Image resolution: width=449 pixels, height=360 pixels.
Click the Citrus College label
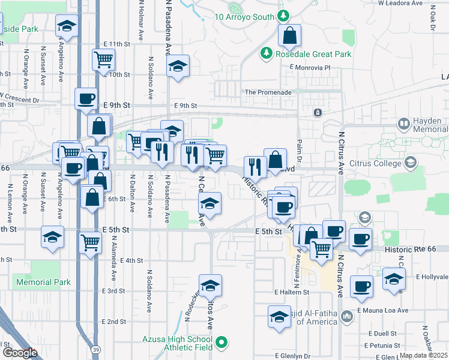376,163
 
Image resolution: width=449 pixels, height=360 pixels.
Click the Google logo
20,353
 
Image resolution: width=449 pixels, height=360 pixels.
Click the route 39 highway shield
95,349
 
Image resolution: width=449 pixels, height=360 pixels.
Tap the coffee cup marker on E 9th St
86,98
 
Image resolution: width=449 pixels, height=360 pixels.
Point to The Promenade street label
268,92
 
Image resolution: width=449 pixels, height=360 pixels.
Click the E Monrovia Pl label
310,68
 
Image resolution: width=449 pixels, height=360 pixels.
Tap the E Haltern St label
291,292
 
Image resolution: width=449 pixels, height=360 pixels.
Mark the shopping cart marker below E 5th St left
90,243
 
